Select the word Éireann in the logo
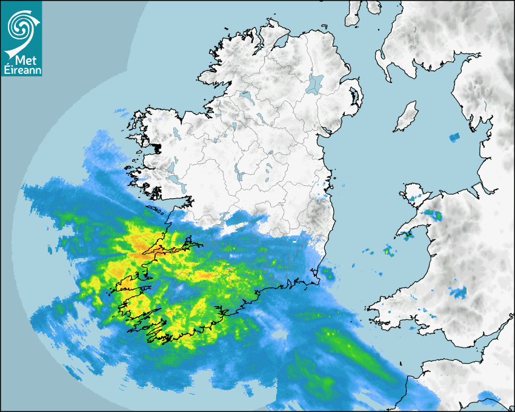21,70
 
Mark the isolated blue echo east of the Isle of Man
454,138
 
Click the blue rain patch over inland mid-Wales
457,293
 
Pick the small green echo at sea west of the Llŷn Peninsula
388,251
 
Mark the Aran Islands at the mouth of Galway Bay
159,210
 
